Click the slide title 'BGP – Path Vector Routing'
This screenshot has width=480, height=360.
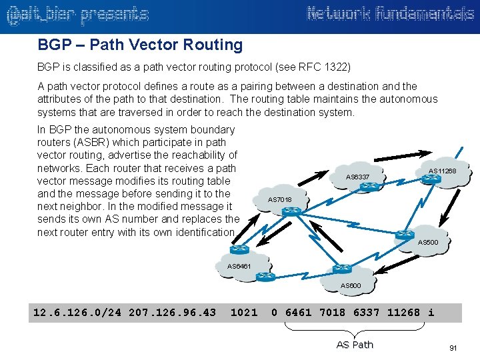coord(140,45)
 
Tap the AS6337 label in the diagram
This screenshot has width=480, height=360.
coord(357,177)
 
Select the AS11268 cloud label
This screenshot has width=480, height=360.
coord(442,171)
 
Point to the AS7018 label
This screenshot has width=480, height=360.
coord(279,199)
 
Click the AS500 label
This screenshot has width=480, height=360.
coord(427,242)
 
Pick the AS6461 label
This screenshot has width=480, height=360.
coord(239,265)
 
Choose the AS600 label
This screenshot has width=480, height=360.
coord(351,285)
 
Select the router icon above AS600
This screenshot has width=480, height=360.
coord(342,269)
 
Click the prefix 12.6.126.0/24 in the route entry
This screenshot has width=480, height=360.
coord(77,312)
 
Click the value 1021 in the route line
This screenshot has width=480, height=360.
coord(243,312)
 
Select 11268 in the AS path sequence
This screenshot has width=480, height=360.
coord(403,312)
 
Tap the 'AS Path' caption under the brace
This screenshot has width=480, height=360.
coord(355,345)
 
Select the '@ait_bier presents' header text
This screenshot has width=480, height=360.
coord(77,14)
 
